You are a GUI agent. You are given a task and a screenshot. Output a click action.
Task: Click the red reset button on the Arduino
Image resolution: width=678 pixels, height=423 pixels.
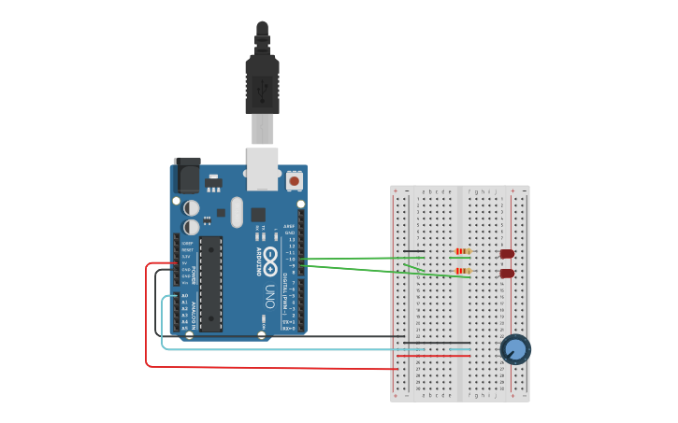pyautogui.click(x=295, y=180)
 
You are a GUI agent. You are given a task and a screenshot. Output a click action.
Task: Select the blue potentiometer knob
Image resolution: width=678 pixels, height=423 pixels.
pyautogui.click(x=514, y=349)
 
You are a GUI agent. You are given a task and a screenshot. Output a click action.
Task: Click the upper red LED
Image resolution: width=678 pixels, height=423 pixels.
pyautogui.click(x=507, y=253)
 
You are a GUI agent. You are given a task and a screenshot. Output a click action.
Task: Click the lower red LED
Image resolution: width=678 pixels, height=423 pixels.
pyautogui.click(x=507, y=274)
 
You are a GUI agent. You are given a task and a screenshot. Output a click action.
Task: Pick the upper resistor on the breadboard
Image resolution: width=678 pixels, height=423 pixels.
pyautogui.click(x=461, y=251)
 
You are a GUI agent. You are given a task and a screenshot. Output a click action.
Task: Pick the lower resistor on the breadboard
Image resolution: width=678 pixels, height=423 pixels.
pyautogui.click(x=461, y=271)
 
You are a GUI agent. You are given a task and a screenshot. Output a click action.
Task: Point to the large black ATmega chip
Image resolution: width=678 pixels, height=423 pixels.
pyautogui.click(x=211, y=283)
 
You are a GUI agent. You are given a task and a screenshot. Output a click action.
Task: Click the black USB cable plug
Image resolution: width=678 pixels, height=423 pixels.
pyautogui.click(x=262, y=84)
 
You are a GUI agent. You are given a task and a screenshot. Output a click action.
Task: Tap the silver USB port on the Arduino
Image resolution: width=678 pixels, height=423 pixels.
pyautogui.click(x=262, y=166)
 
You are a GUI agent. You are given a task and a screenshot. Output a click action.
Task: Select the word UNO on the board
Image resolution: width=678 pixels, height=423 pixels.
pyautogui.click(x=269, y=297)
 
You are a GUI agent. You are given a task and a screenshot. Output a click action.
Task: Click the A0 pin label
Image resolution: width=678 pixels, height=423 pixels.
pyautogui.click(x=184, y=295)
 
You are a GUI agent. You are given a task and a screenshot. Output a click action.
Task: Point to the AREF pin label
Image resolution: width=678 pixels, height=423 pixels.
pyautogui.click(x=290, y=226)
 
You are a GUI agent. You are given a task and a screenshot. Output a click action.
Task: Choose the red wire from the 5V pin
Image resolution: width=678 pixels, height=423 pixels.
pyautogui.click(x=147, y=317)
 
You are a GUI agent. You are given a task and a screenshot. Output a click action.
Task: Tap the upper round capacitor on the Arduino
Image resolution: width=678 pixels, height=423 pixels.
pyautogui.click(x=191, y=208)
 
